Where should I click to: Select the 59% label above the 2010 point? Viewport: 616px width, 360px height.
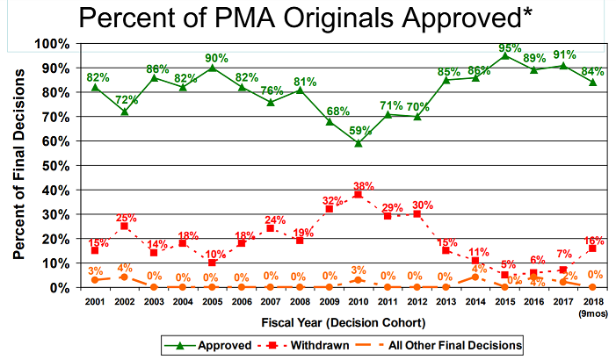click(x=357, y=132)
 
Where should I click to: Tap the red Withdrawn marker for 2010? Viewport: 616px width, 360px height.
click(x=357, y=195)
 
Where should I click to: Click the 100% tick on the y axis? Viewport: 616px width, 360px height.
click(x=54, y=43)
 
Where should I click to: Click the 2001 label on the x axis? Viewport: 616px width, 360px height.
click(x=95, y=300)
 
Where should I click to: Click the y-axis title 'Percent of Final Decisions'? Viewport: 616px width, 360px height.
click(x=18, y=165)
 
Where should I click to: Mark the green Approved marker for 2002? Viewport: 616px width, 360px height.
click(x=125, y=112)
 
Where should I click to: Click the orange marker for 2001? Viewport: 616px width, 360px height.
click(x=96, y=280)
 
